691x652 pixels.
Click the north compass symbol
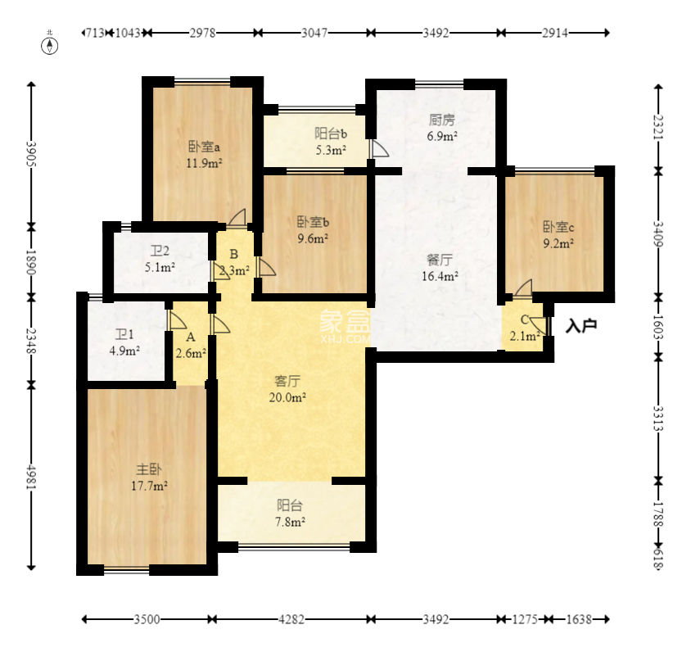pyautogui.click(x=50, y=45)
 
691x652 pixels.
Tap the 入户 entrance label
pyautogui.click(x=581, y=326)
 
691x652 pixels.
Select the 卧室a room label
pyautogui.click(x=204, y=147)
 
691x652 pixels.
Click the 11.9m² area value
pyautogui.click(x=204, y=163)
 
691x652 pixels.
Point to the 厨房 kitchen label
pyautogui.click(x=441, y=120)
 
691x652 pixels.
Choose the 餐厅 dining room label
pyautogui.click(x=440, y=259)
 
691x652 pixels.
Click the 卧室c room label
pyautogui.click(x=558, y=227)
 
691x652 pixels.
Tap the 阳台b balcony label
pyautogui.click(x=331, y=134)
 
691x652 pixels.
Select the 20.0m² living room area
pyautogui.click(x=287, y=397)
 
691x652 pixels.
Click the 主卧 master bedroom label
pyautogui.click(x=149, y=469)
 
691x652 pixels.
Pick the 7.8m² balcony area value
pyautogui.click(x=290, y=522)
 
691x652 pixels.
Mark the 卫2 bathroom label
pyautogui.click(x=160, y=251)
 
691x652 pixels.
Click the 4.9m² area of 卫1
pyautogui.click(x=124, y=351)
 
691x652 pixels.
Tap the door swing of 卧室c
pyautogui.click(x=523, y=289)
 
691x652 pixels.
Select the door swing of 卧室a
pyautogui.click(x=237, y=218)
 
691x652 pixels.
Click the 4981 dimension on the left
pyautogui.click(x=31, y=476)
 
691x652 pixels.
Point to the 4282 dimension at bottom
pyautogui.click(x=291, y=619)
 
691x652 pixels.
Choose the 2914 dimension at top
pyautogui.click(x=555, y=33)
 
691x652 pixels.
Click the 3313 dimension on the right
pyautogui.click(x=658, y=419)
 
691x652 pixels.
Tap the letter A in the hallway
pyautogui.click(x=191, y=337)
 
